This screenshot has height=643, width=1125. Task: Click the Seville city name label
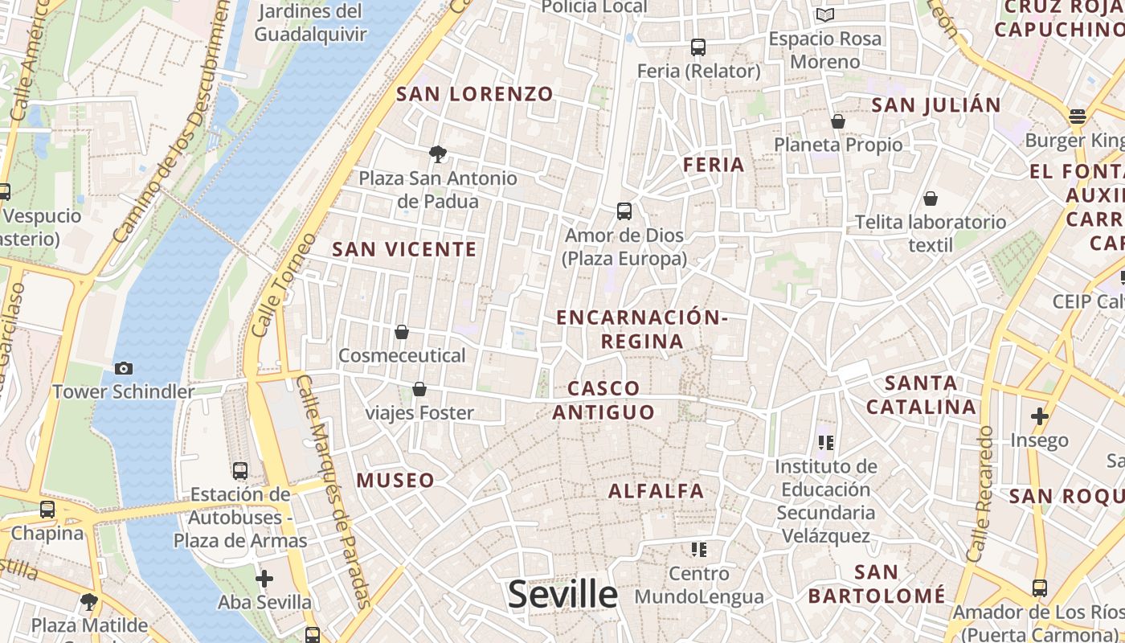point(562,595)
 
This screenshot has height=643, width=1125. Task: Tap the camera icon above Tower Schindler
point(124,368)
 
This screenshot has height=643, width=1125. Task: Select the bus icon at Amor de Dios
point(624,211)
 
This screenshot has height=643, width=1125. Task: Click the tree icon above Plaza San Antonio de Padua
point(438,154)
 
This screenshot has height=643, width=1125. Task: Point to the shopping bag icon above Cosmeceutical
point(402,332)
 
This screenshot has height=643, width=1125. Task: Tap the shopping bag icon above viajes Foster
point(419,390)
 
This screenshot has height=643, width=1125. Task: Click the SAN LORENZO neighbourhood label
point(475,94)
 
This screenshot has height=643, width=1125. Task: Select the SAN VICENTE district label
point(405,249)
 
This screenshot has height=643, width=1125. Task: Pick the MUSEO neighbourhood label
point(395,481)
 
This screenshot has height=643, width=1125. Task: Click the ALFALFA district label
point(656,491)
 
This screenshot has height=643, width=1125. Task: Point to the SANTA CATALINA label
point(921,395)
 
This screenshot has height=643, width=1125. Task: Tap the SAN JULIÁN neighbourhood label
point(936,105)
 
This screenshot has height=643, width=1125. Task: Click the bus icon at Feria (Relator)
point(698,47)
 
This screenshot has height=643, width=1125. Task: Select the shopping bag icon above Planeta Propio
point(838,121)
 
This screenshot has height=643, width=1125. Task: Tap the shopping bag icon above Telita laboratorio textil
point(931,199)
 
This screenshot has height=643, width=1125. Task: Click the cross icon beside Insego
point(1040,416)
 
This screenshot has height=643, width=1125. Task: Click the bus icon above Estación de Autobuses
point(240,470)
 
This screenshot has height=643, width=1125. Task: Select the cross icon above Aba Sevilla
point(264,579)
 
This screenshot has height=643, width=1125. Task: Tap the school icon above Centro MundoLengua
point(698,550)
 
